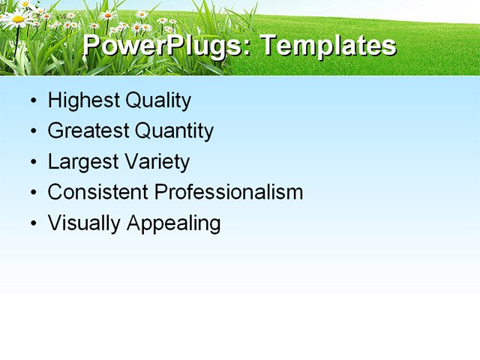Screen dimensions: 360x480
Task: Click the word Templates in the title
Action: coord(328,46)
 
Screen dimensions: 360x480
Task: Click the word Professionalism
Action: coord(229,192)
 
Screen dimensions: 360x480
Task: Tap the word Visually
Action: coord(84,223)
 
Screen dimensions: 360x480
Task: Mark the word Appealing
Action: coord(173,223)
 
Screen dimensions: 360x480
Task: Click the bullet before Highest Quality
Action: coord(32,101)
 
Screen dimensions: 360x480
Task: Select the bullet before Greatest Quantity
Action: coord(32,132)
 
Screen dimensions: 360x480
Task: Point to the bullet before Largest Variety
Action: coord(32,163)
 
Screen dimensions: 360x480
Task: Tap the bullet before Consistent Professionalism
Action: coord(32,193)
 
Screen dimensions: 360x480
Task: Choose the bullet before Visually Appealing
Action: coord(32,223)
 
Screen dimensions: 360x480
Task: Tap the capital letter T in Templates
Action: coord(269,45)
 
